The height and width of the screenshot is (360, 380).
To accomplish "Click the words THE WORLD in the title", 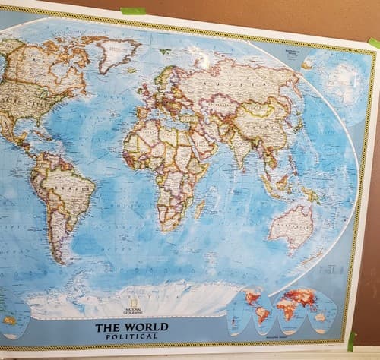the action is (x=126, y=328).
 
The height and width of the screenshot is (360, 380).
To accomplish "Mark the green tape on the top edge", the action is (x=133, y=11).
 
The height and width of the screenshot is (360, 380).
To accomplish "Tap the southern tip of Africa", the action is (x=174, y=228).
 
